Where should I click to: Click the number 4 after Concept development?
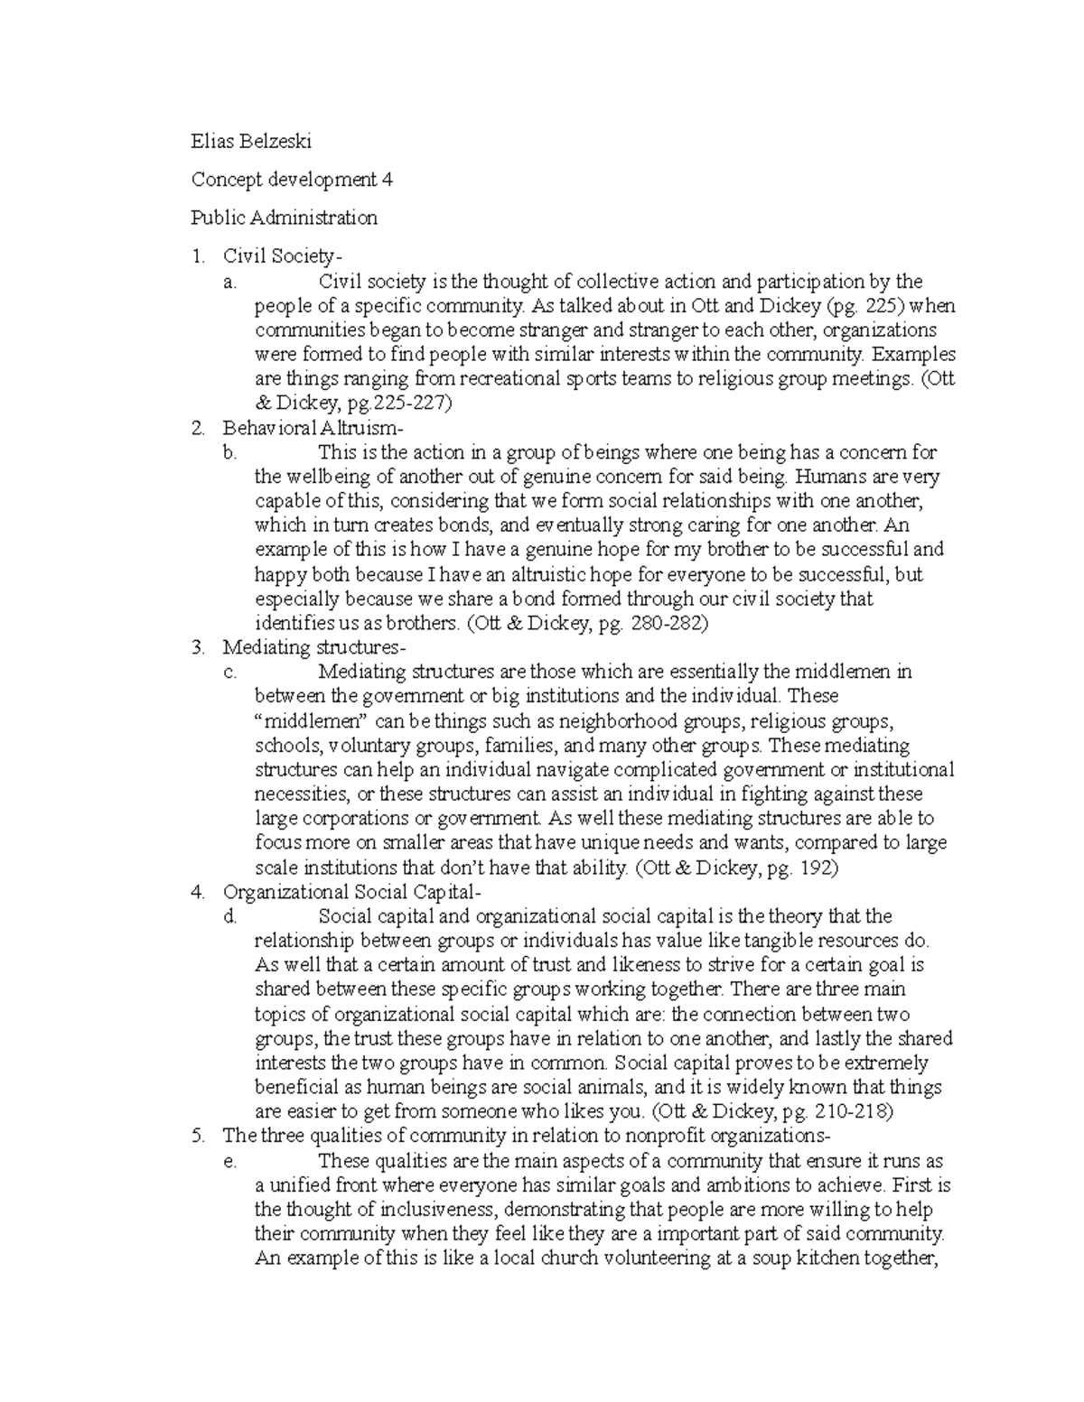click(x=387, y=179)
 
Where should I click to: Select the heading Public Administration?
click(x=284, y=218)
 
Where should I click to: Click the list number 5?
click(x=197, y=1136)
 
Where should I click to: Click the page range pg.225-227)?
click(x=392, y=404)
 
